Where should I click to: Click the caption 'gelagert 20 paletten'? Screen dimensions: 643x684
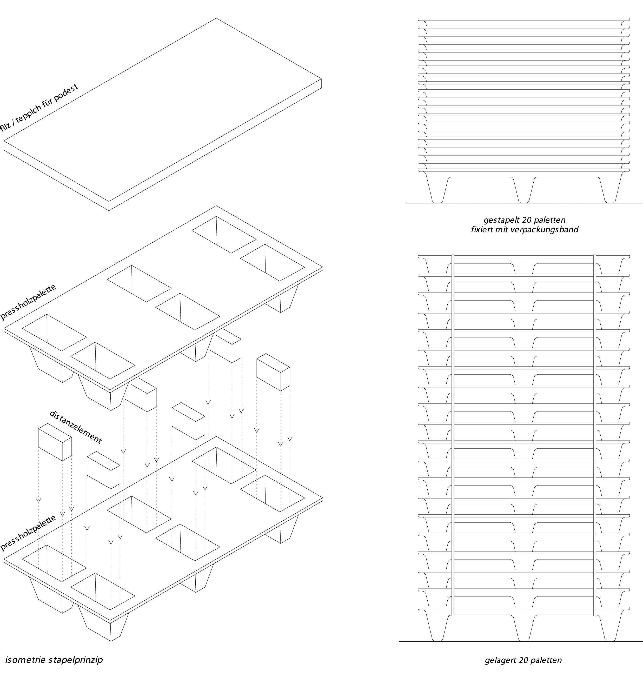(523, 660)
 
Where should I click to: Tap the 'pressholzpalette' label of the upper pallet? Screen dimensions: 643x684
(28, 302)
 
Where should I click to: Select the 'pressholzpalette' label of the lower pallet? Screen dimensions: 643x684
(28, 532)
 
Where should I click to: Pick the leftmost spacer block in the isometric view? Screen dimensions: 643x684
(55, 442)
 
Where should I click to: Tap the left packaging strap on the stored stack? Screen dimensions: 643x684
(453, 435)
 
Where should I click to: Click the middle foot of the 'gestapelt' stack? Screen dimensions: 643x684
(523, 190)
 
